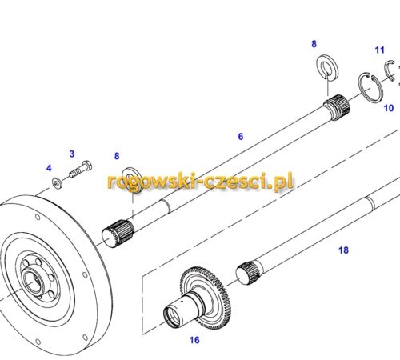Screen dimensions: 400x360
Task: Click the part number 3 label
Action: click(x=72, y=154)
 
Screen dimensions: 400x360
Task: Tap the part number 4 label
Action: click(x=49, y=168)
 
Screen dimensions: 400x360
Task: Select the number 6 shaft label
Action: click(x=241, y=137)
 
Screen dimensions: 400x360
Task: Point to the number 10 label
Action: click(x=389, y=108)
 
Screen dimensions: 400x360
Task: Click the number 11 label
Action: click(x=379, y=50)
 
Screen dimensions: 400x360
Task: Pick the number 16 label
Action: click(x=194, y=340)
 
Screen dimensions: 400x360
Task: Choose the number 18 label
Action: click(x=343, y=250)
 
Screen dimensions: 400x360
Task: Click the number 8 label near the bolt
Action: click(x=117, y=156)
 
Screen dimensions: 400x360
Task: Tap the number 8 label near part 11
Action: click(x=314, y=44)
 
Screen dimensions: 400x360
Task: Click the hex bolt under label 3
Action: click(x=81, y=169)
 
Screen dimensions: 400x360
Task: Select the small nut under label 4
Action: click(x=57, y=183)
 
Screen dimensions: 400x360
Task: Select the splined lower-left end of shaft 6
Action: click(x=118, y=234)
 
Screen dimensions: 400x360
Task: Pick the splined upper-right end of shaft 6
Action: click(x=337, y=107)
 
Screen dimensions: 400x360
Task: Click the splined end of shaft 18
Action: click(x=247, y=273)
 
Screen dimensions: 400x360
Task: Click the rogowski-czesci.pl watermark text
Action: click(x=200, y=182)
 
